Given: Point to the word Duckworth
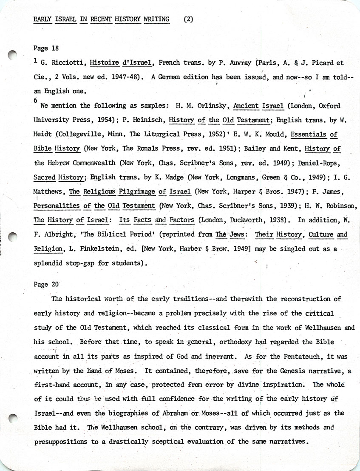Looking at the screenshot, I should coord(241,220).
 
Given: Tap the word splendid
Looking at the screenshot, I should coord(50,263).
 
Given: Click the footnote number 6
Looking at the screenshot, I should coord(35,100).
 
